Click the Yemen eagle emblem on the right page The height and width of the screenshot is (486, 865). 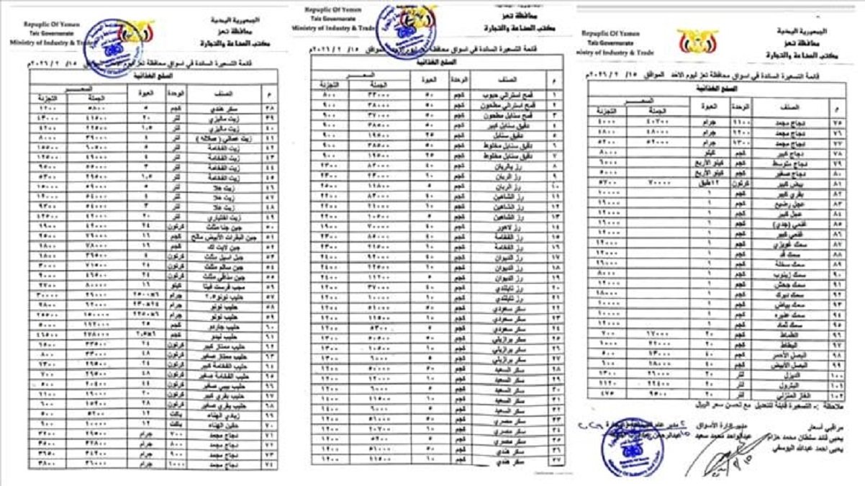697,42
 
